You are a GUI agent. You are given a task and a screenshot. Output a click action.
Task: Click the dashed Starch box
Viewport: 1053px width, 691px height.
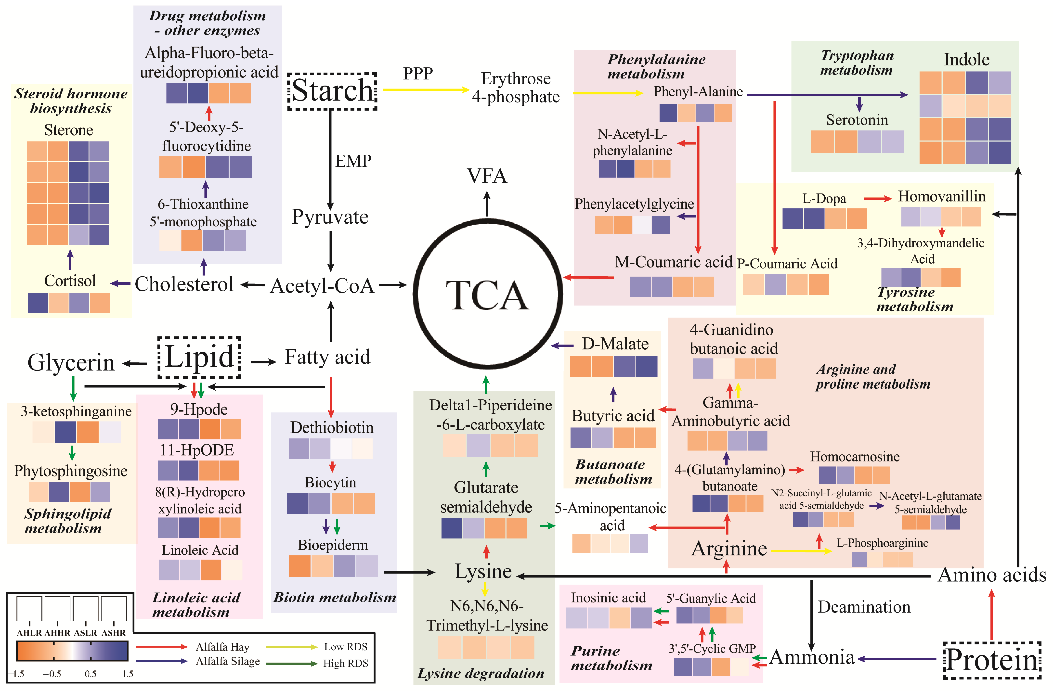[x=332, y=91]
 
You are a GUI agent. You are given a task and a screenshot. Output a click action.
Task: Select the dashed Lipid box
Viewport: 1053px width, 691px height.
[x=199, y=358]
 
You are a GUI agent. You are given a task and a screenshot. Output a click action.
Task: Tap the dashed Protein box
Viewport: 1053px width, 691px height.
[x=992, y=660]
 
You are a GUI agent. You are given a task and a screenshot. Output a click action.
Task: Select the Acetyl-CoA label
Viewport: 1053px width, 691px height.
[x=323, y=286]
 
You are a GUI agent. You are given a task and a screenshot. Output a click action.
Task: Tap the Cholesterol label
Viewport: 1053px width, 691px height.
[x=184, y=284]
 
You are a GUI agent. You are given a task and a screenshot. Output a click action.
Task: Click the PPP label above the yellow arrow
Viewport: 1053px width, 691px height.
[x=418, y=73]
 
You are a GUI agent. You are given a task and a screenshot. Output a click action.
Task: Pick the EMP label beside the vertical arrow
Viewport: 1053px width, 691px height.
[x=353, y=161]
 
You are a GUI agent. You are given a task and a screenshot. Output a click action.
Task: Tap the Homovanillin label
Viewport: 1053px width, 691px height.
[x=941, y=196]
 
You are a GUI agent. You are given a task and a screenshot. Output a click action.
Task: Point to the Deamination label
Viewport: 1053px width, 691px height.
[x=864, y=607]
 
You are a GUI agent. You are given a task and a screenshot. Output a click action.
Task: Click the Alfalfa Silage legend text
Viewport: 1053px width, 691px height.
[x=228, y=661]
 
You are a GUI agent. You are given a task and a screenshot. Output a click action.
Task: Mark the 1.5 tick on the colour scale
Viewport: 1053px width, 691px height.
[x=127, y=674]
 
